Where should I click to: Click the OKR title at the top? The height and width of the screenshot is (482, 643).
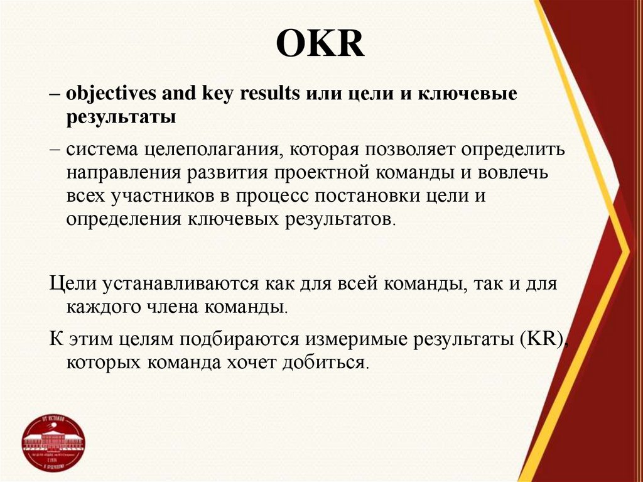[321, 46]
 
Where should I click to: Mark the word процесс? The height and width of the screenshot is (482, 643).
[273, 197]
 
